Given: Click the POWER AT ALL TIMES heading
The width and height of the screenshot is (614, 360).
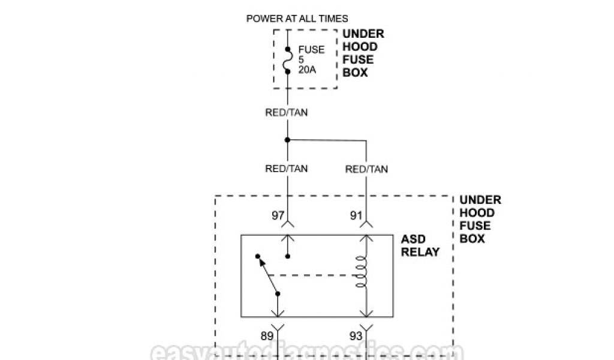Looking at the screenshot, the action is [x=297, y=19].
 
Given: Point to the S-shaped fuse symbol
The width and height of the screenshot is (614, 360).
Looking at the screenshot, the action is [x=287, y=59].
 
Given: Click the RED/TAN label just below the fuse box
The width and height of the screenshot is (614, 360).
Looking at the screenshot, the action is [x=287, y=112].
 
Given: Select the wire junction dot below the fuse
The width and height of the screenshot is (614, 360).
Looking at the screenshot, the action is [x=287, y=140].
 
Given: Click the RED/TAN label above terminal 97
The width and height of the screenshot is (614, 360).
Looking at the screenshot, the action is [x=287, y=169].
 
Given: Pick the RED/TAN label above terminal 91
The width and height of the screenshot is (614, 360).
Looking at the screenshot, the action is [x=366, y=169].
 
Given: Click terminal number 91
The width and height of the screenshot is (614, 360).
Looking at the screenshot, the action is [x=356, y=214].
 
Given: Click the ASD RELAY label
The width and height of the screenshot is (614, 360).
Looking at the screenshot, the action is [x=420, y=245].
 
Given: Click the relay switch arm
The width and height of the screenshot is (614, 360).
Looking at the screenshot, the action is [x=268, y=275].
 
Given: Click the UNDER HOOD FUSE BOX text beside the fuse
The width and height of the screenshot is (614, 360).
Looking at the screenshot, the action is [x=363, y=53].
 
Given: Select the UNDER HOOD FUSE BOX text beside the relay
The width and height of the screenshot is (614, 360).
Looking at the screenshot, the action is [x=480, y=219].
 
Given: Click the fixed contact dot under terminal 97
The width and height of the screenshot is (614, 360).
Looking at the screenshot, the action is [x=287, y=256].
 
